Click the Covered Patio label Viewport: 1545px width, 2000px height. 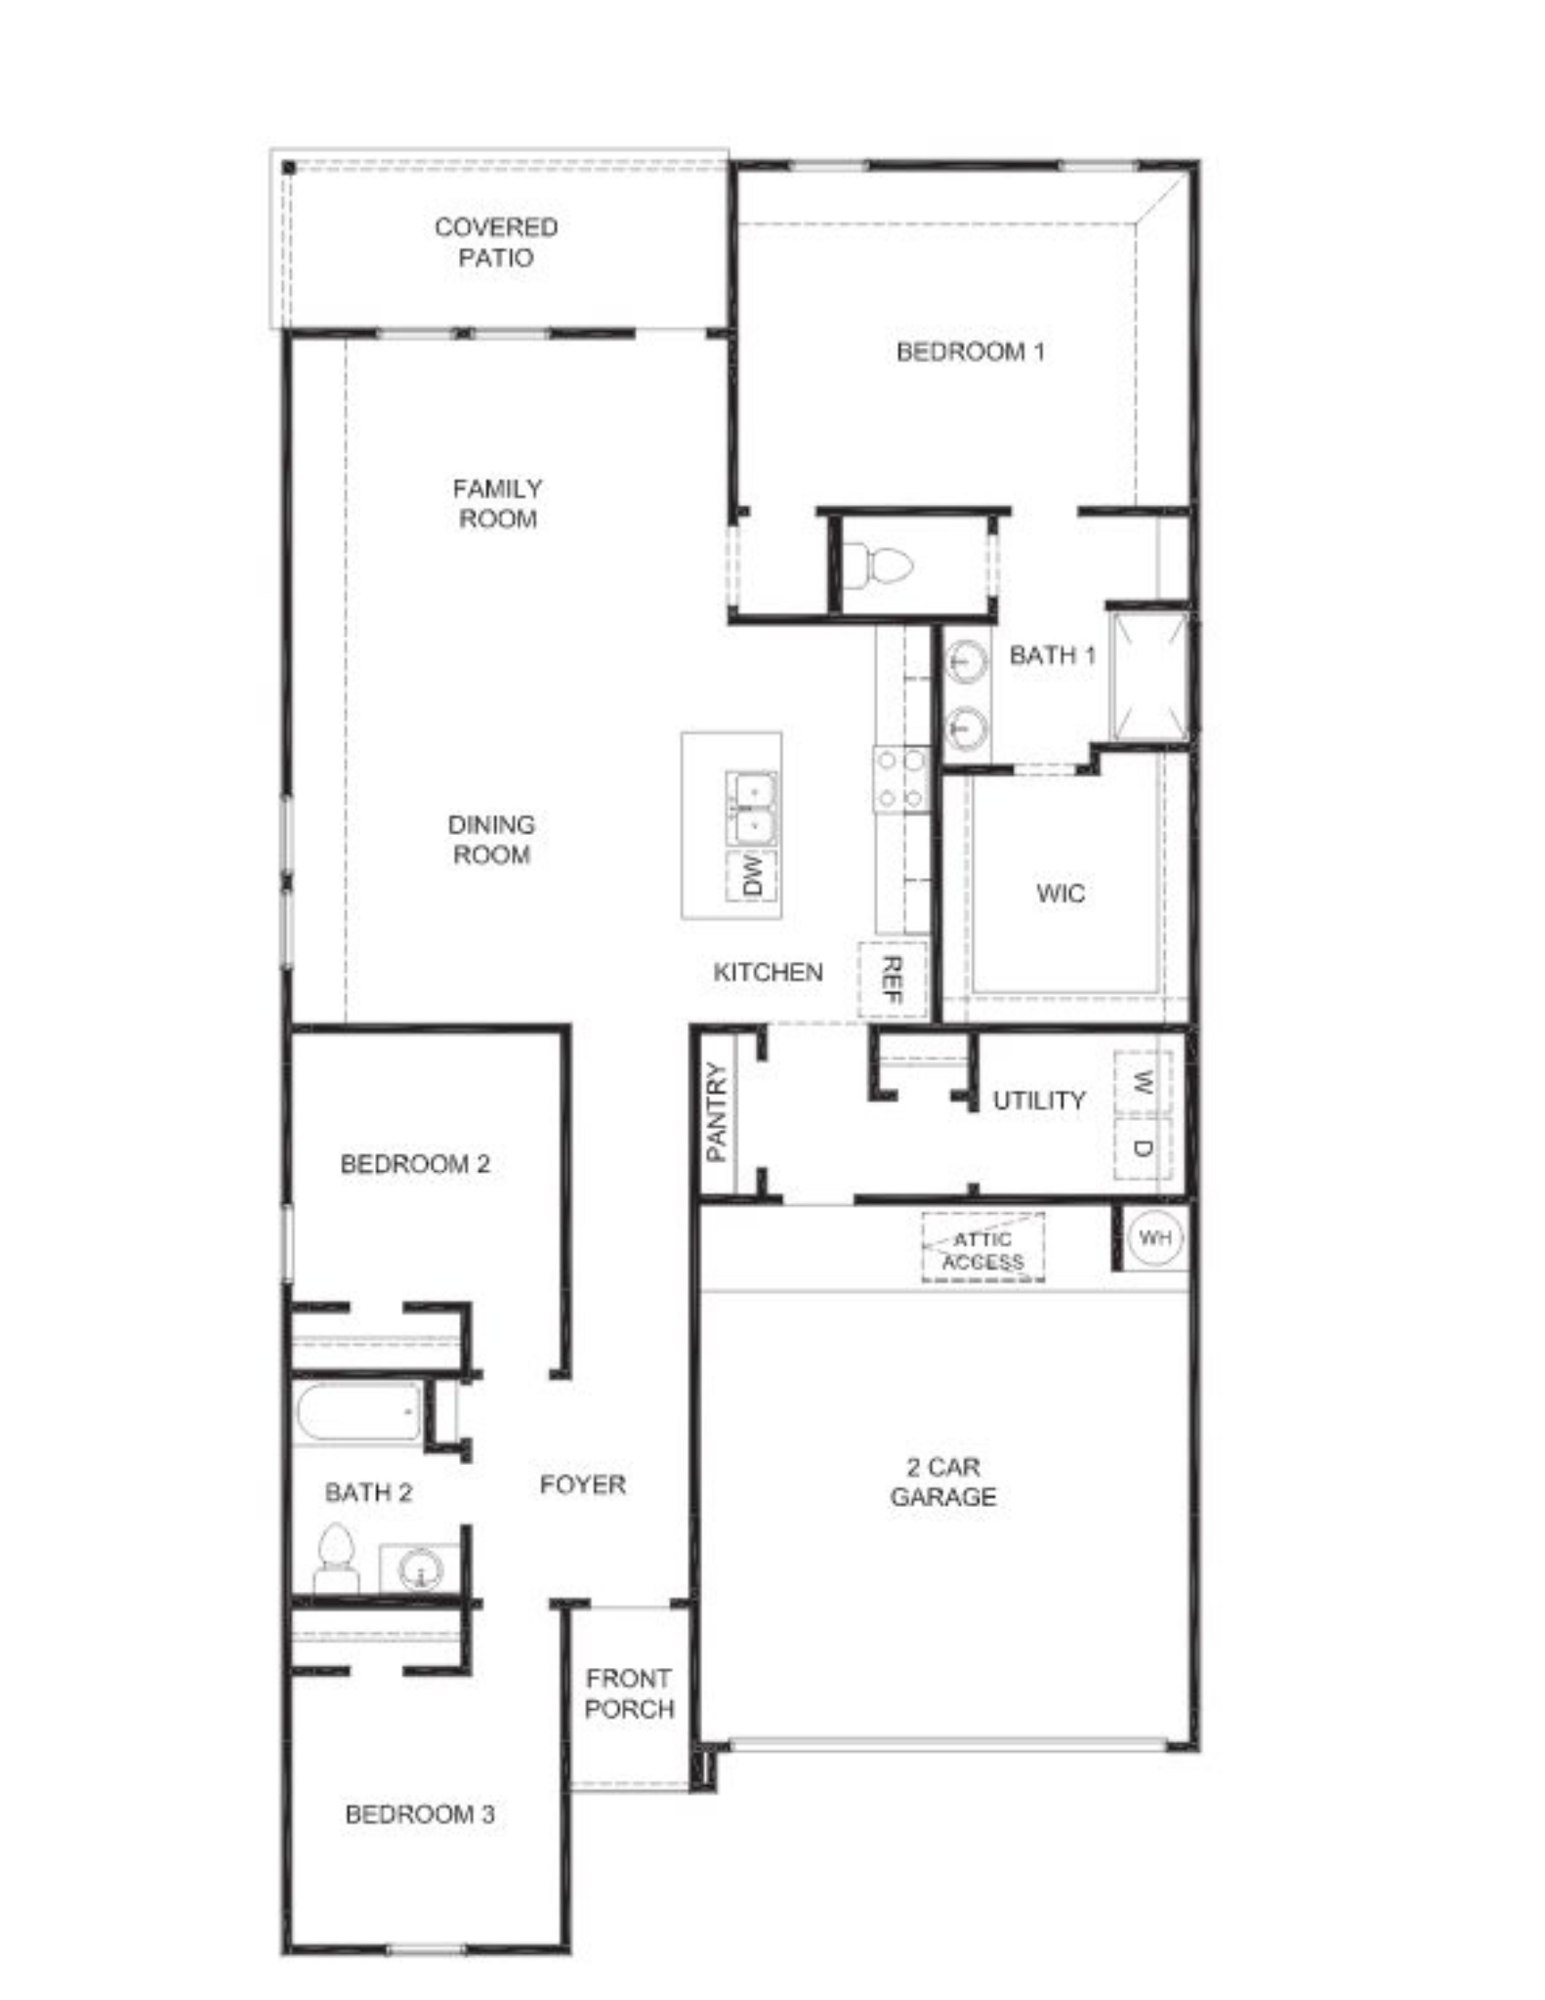coord(496,242)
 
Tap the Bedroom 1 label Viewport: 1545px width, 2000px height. coord(970,352)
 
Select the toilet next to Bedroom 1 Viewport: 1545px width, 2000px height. coord(878,566)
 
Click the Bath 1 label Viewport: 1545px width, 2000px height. coord(1052,655)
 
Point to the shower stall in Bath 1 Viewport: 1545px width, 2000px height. coord(1149,676)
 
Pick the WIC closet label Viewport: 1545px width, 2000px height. coord(1061,893)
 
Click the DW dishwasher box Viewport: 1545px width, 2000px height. coord(752,876)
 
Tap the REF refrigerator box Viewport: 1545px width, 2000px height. coord(892,979)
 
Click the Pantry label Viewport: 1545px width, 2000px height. coord(717,1112)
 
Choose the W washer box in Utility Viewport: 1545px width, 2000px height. coord(1143,1082)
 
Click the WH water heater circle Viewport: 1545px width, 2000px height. coord(1155,1238)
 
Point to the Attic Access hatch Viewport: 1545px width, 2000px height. coord(983,1247)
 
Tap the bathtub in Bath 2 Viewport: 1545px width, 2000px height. coord(358,1411)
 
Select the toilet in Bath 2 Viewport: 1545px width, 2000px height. coord(335,1558)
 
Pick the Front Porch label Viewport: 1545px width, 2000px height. coord(629,1693)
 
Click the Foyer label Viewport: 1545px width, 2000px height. coord(582,1484)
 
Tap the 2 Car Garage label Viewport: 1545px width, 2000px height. coord(943,1481)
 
